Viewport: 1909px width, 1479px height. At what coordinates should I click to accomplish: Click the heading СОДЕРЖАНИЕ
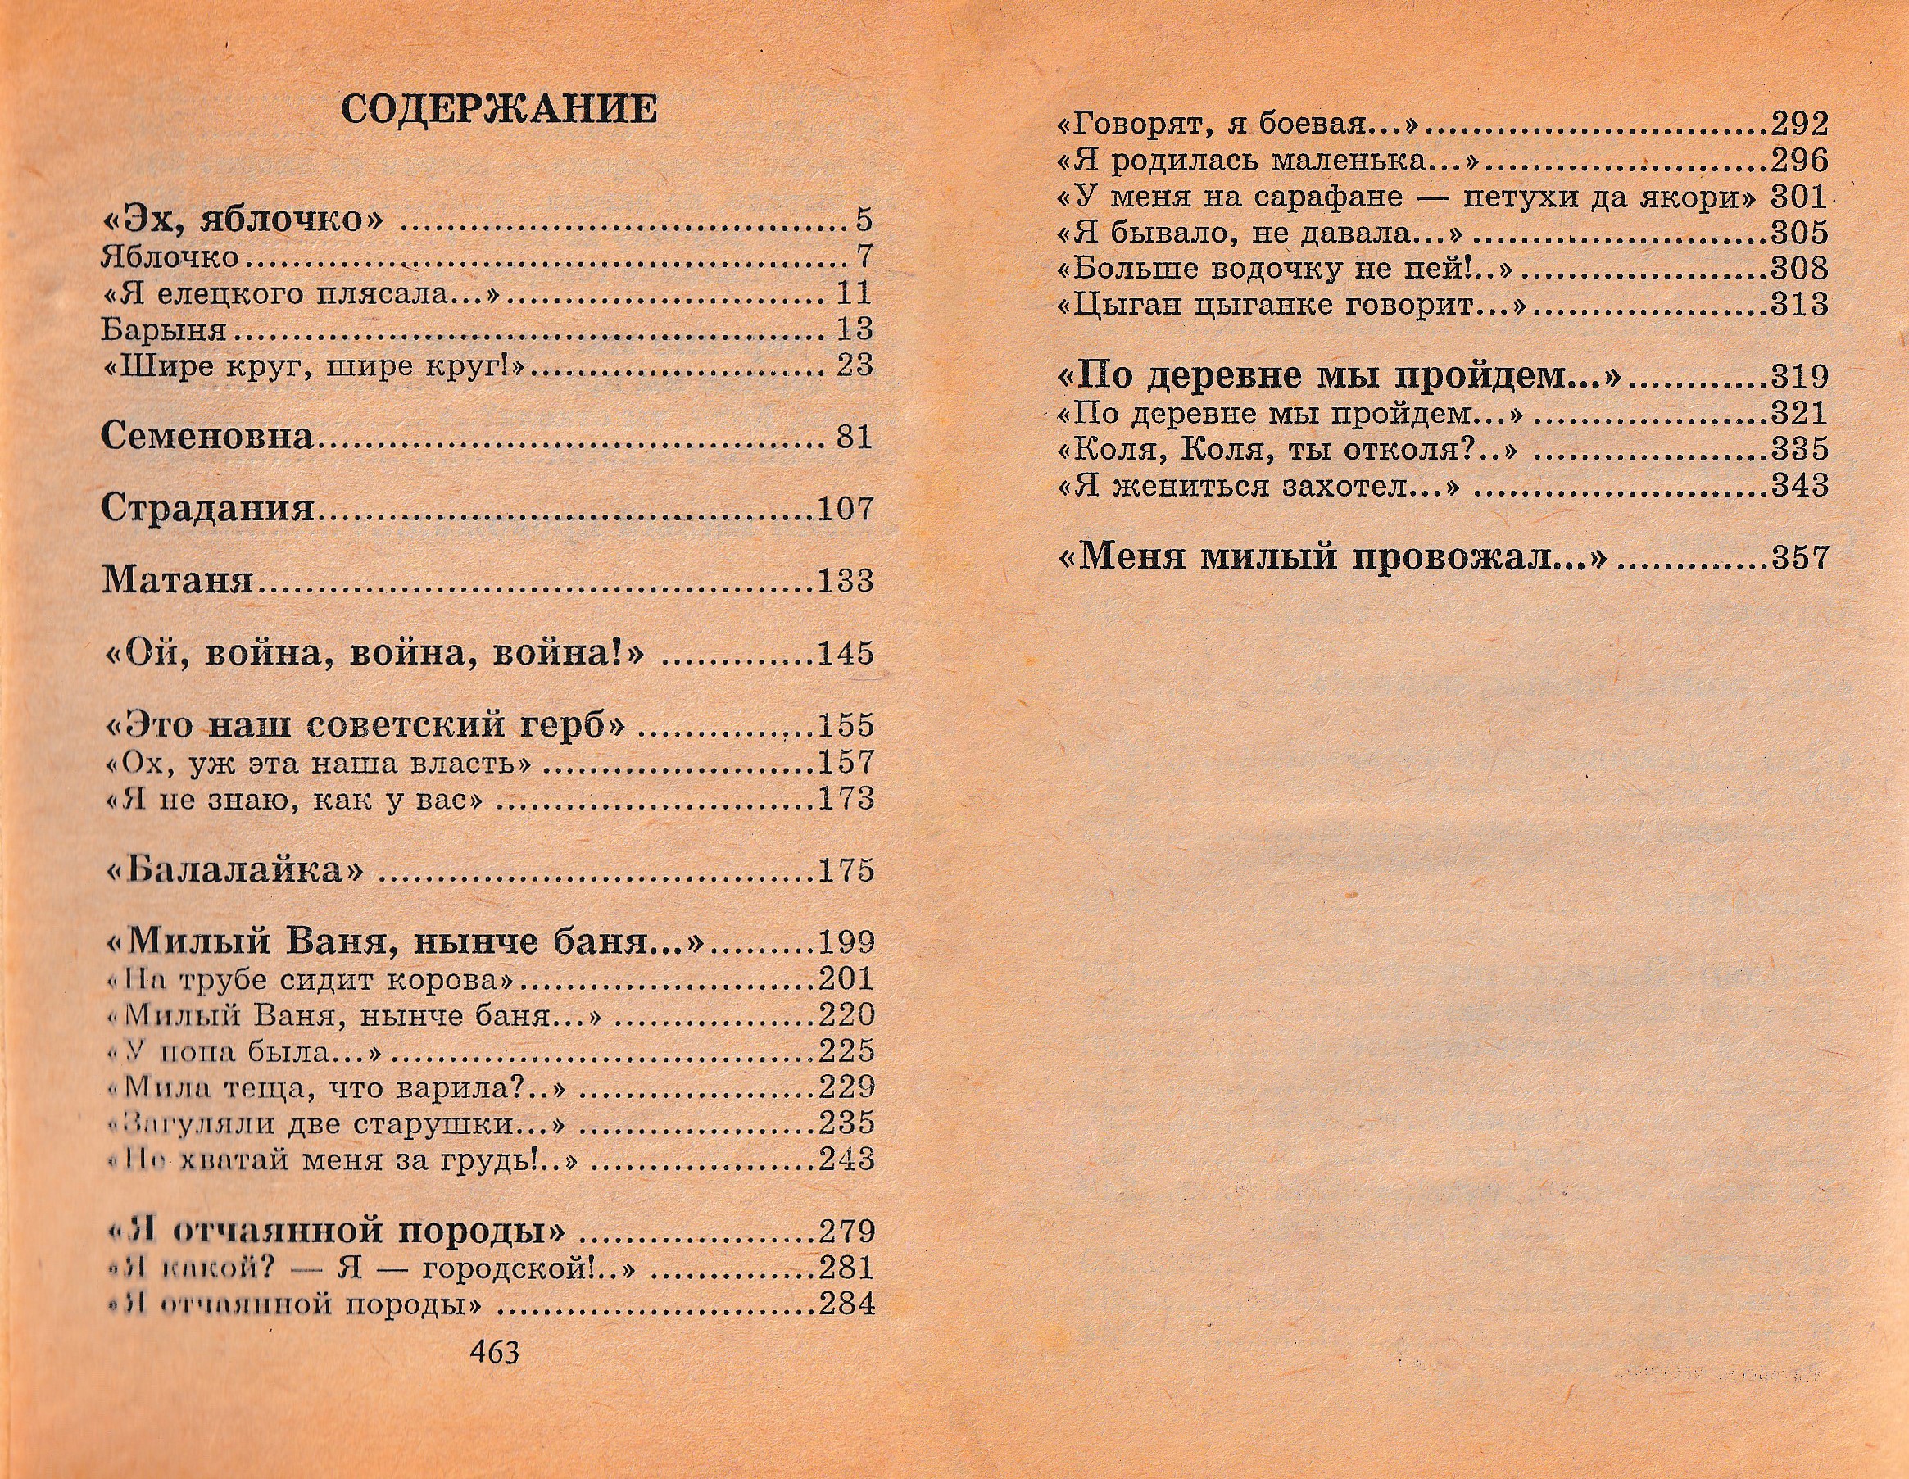(x=498, y=109)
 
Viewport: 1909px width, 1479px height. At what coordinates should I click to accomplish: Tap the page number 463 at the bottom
(x=495, y=1377)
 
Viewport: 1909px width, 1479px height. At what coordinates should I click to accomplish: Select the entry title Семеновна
(x=207, y=435)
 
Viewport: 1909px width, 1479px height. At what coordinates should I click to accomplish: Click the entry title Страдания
(x=207, y=508)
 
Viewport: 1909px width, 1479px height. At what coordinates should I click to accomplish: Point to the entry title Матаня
(x=178, y=579)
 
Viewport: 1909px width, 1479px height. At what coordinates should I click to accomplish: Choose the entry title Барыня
(x=164, y=329)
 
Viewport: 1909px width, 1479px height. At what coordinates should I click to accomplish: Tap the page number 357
(x=1800, y=557)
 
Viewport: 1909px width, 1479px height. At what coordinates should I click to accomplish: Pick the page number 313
(x=1800, y=304)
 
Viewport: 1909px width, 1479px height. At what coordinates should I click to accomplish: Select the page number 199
(x=846, y=942)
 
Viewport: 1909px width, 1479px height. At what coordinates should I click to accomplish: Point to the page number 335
(x=1800, y=448)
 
